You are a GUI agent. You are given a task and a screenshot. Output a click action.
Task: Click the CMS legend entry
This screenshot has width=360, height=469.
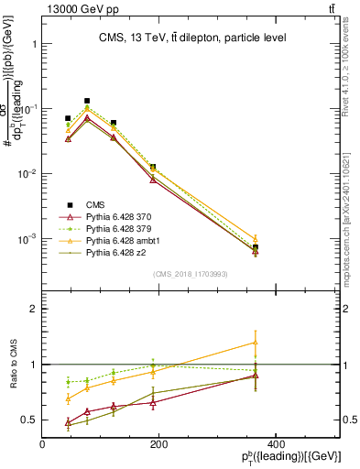pos(97,204)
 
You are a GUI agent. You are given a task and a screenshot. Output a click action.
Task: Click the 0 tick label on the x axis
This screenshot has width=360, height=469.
pos(42,444)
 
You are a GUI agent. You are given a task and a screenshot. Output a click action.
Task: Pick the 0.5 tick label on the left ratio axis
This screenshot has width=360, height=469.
pos(27,420)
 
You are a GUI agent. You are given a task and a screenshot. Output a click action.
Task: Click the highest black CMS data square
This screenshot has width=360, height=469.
pos(87,101)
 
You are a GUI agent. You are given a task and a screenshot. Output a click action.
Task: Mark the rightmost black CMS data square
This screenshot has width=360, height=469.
pos(256,247)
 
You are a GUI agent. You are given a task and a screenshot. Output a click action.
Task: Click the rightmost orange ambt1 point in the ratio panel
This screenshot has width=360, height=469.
pos(256,343)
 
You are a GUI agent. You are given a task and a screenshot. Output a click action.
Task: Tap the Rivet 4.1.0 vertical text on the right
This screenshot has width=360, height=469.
pos(351,69)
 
